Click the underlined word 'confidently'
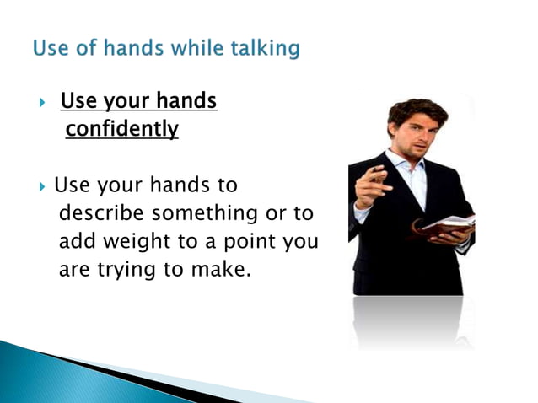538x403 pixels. click(x=122, y=129)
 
